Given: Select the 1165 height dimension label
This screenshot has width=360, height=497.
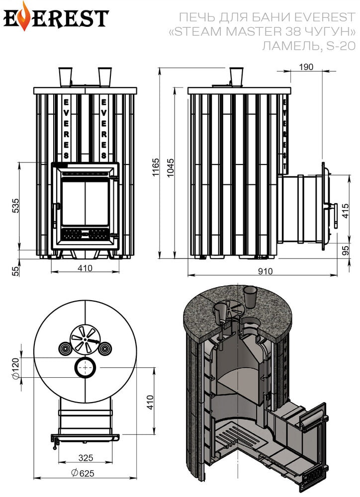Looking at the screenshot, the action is coord(156,167).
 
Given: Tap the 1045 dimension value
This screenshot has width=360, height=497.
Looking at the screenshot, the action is coord(171,167).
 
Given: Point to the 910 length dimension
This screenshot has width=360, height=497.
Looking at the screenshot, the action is coord(265,271).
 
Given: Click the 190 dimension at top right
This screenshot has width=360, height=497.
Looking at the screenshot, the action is coord(306,67).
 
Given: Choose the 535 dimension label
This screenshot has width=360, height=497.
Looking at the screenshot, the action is coord(15,206).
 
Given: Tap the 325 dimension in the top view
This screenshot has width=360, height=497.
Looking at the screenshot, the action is coord(86,458).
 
